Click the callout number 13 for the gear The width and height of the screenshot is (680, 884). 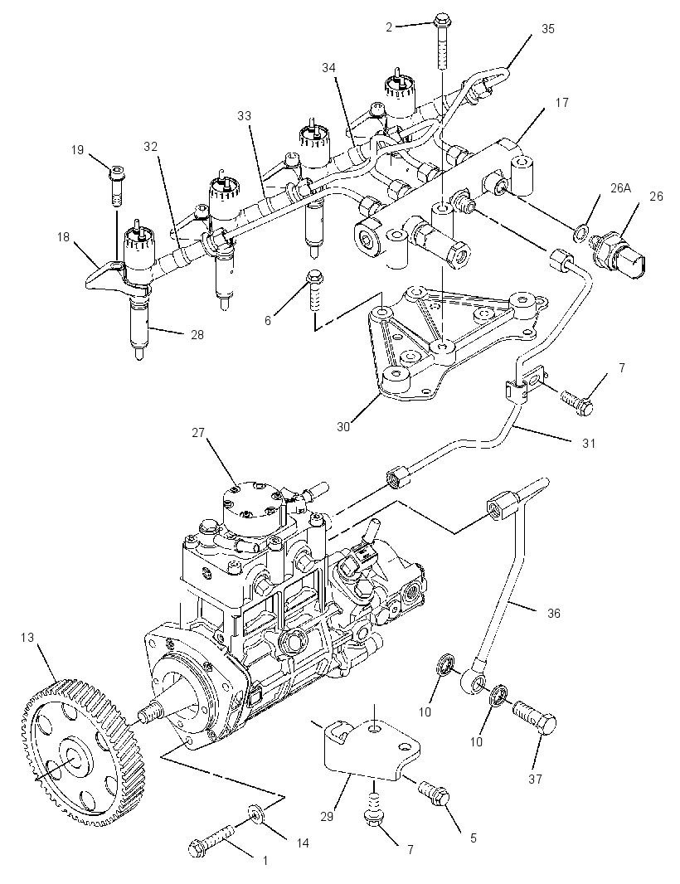(27, 638)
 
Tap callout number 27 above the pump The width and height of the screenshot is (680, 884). (198, 433)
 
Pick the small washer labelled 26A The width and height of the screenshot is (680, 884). (580, 231)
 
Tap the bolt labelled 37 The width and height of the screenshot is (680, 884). (535, 716)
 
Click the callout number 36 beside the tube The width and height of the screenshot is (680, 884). (554, 612)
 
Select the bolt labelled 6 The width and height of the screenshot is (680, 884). (313, 289)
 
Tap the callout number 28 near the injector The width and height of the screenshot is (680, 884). (197, 334)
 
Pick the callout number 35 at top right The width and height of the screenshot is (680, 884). (548, 29)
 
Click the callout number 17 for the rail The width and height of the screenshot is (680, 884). (561, 102)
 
